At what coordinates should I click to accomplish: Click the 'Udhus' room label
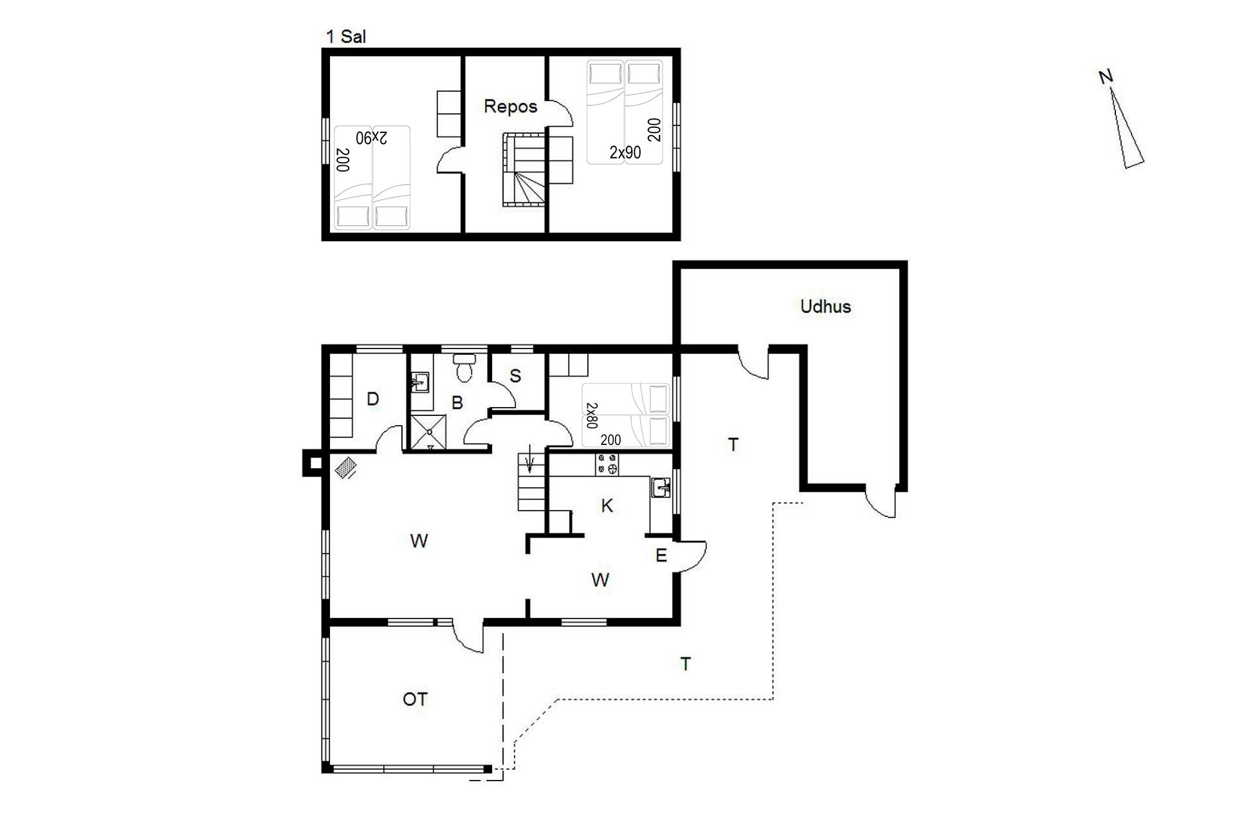(x=825, y=306)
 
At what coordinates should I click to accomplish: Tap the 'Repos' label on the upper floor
(x=510, y=106)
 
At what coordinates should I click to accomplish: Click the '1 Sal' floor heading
(x=346, y=37)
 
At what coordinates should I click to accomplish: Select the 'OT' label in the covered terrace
(x=415, y=699)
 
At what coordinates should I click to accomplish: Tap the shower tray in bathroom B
(x=428, y=431)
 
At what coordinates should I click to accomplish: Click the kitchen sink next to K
(x=661, y=488)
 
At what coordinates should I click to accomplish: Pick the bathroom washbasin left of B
(x=419, y=382)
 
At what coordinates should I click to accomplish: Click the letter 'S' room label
(x=515, y=376)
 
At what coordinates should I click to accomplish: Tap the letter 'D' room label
(x=372, y=399)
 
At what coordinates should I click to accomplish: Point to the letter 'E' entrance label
(x=661, y=556)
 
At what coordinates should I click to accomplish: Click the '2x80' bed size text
(x=592, y=415)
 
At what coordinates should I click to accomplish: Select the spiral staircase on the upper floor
(x=524, y=170)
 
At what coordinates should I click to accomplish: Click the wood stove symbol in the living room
(x=345, y=467)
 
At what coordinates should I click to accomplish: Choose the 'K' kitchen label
(x=607, y=506)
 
